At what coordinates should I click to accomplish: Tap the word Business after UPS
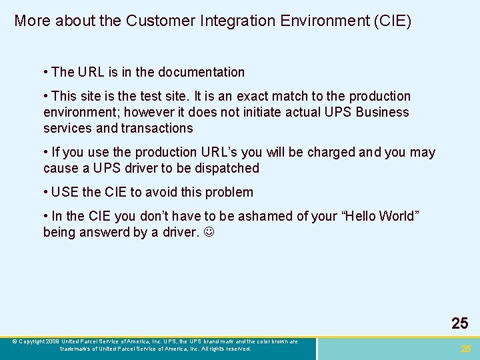pyautogui.click(x=382, y=112)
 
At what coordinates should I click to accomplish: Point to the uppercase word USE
pyautogui.click(x=65, y=192)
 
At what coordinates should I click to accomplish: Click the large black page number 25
pyautogui.click(x=459, y=324)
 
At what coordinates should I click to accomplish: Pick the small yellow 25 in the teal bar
pyautogui.click(x=465, y=349)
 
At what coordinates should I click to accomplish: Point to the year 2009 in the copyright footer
pyautogui.click(x=53, y=341)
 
